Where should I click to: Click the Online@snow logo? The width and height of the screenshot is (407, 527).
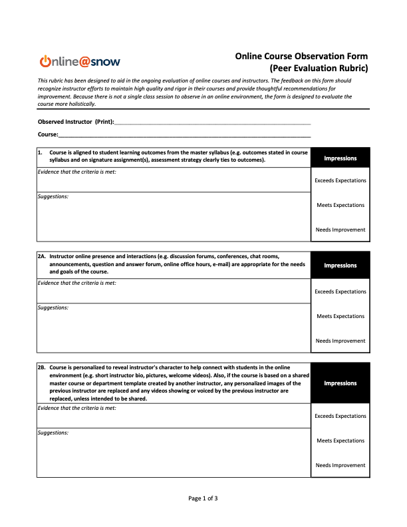79,62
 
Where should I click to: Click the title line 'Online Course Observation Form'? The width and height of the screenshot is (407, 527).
301,56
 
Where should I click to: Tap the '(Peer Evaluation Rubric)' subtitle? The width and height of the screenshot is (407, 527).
318,68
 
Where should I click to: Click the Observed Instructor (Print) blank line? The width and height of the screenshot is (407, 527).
213,123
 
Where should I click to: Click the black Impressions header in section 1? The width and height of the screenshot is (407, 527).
340,158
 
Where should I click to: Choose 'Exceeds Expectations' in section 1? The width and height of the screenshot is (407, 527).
340,180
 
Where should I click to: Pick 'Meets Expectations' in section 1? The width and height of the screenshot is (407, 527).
340,205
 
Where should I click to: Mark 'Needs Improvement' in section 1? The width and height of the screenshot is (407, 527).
340,230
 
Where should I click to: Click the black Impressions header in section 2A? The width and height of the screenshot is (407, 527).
340,265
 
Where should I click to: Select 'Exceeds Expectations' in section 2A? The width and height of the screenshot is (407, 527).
340,291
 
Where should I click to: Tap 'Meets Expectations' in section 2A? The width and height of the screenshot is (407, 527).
340,316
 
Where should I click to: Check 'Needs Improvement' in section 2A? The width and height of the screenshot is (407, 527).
340,341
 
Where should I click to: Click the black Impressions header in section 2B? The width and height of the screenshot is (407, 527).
340,383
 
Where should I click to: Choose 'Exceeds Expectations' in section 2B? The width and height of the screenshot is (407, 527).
340,416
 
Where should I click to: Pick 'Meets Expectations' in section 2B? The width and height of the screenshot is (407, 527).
340,440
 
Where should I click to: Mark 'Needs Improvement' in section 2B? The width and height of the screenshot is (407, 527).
340,465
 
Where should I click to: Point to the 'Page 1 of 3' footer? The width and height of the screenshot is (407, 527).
203,498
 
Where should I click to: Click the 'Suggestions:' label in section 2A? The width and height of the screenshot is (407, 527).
53,307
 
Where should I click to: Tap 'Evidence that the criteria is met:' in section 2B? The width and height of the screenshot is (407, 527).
76,408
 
